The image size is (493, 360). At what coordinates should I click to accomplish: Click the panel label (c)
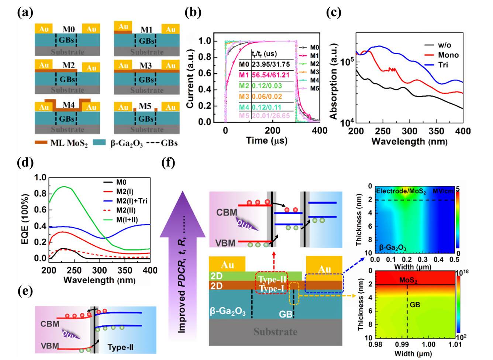pos(334,12)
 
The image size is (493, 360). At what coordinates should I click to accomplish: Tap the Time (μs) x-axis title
pos(266,141)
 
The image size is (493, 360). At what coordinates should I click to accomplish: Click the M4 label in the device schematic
pos(69,105)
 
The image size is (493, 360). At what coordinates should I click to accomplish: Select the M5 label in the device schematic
pos(145,106)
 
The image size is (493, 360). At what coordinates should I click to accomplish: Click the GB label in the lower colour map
pos(416,305)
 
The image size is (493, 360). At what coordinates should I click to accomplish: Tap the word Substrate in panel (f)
pos(275,332)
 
